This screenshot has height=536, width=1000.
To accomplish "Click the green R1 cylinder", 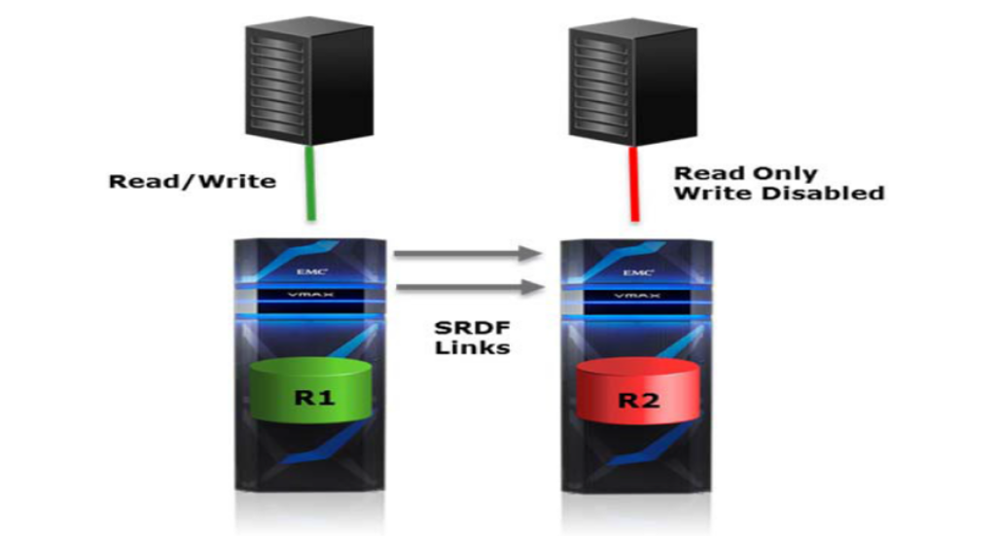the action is point(311,392).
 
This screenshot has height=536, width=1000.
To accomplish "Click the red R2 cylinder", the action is point(636,392).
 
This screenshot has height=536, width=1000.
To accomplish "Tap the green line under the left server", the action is point(311,184).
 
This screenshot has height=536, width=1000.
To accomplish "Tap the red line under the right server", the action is point(634,184).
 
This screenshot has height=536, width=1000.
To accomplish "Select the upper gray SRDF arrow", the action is point(468,253).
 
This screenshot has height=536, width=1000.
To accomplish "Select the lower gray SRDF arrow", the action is point(470,287).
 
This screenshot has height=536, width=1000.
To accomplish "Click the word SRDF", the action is point(473,328).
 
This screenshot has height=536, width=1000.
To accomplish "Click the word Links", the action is point(473,347).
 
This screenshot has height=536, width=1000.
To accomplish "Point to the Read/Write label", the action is point(193,182).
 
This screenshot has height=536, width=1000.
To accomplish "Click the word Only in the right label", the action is point(784,173).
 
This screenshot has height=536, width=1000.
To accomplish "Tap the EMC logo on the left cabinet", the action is point(312,271).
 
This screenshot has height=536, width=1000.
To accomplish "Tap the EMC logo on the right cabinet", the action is point(637,272).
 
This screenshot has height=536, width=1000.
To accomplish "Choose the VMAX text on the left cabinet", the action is point(310,295).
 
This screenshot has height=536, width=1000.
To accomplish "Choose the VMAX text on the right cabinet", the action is point(636,296).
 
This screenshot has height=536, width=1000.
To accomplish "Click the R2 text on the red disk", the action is point(638,401).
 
